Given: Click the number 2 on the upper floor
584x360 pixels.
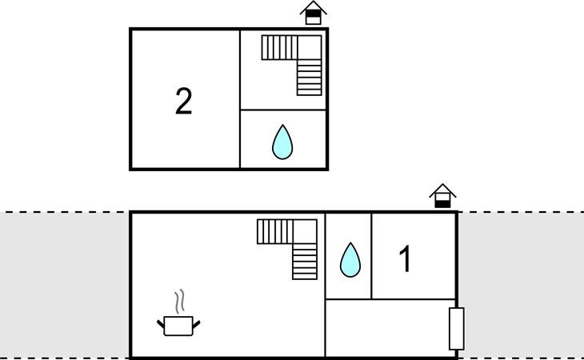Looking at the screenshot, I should [x=183, y=102].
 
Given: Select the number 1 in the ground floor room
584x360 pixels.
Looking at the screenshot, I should [x=406, y=259].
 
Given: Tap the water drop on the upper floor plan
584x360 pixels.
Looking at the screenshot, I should [x=282, y=142].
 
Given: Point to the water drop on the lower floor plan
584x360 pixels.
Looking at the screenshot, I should [x=350, y=259].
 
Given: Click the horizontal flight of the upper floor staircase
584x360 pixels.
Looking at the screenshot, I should [x=279, y=47].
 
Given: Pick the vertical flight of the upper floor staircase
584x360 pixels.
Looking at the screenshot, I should [x=310, y=78].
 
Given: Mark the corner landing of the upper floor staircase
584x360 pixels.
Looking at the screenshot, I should [x=310, y=47].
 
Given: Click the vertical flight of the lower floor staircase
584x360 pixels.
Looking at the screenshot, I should [x=305, y=262].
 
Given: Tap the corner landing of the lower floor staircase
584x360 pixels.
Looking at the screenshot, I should [x=306, y=232].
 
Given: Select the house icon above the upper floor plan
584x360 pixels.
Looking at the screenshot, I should [x=314, y=13].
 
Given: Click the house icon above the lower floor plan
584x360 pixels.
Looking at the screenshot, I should [x=442, y=196].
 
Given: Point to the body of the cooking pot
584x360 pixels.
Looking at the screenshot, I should [x=178, y=326].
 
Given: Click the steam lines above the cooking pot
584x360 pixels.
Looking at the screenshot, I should [x=181, y=301].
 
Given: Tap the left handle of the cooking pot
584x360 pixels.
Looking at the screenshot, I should [x=161, y=322].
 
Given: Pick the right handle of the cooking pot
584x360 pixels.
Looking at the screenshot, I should [x=196, y=322].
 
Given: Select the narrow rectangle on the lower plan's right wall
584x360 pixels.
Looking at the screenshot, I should [x=456, y=328].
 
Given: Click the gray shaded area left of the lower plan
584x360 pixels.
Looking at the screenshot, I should [x=64, y=284].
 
